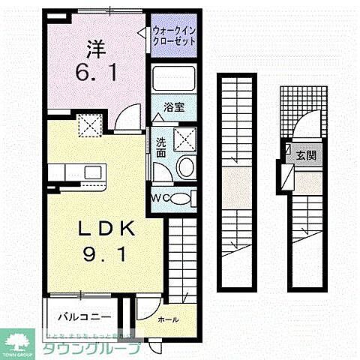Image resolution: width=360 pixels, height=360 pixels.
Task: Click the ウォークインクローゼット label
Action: (174, 35)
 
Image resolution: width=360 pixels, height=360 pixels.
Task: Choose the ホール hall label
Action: (168, 319)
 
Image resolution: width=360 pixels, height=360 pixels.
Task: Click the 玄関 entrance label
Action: (306, 155)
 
